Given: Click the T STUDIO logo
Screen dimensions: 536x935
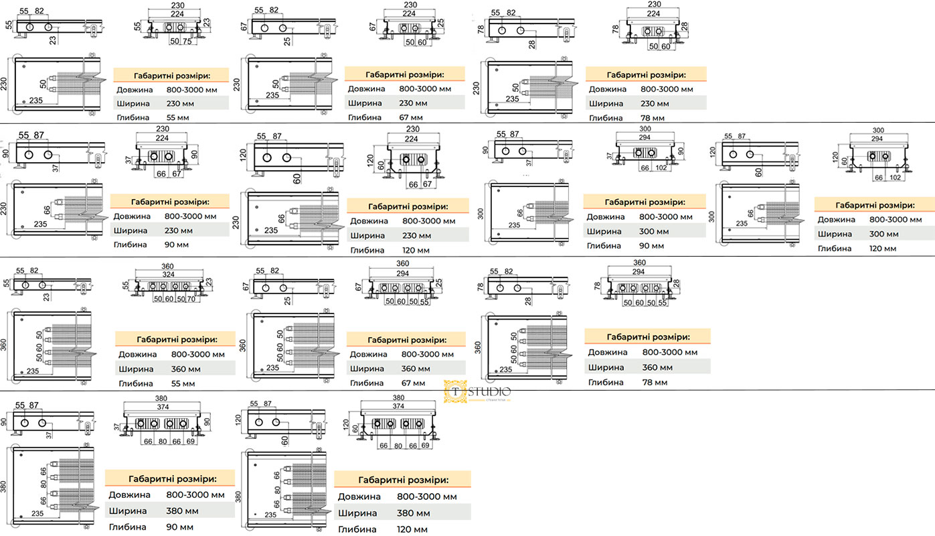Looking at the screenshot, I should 477,391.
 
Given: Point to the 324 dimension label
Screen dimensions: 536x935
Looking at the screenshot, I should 167,275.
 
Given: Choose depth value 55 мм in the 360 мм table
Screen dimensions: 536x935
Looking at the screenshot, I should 183,384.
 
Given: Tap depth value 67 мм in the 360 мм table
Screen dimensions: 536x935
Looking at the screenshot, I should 412,383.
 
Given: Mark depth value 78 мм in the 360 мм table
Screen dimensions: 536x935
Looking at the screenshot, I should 655,382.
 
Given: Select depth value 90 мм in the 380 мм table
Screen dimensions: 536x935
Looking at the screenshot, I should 179,527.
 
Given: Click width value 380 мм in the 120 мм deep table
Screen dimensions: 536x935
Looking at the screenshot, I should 413,513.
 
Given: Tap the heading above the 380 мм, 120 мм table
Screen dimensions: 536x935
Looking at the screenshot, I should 403,480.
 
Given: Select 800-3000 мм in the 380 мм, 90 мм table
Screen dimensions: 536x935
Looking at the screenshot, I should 195,495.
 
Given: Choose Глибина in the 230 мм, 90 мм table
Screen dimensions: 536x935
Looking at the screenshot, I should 131,245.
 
